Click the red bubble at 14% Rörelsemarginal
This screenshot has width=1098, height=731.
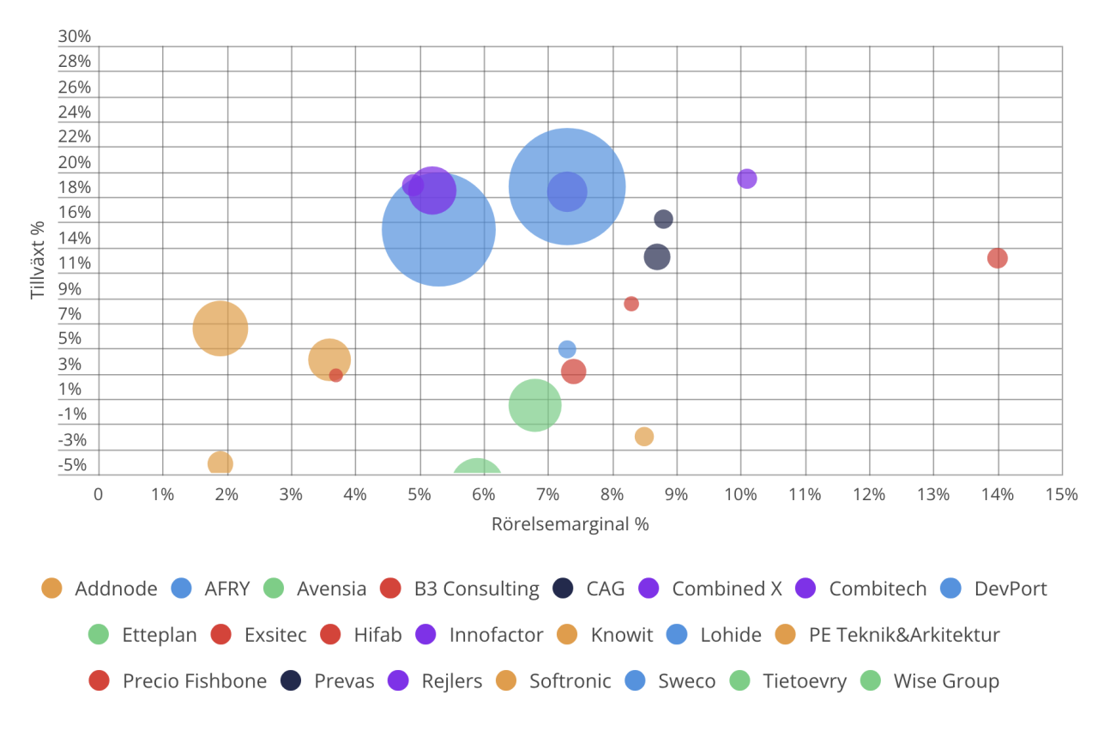(997, 258)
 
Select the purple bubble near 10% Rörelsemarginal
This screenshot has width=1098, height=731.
(747, 178)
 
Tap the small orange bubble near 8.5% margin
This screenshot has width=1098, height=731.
(644, 437)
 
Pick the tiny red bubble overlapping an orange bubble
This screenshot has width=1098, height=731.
(336, 375)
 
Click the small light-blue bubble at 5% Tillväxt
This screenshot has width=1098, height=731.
(567, 349)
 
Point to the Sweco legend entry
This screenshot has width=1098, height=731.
(686, 681)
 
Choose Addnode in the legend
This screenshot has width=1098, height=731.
(116, 589)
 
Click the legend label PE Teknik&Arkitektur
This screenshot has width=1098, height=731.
(904, 635)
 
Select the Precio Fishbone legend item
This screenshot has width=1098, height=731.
(194, 681)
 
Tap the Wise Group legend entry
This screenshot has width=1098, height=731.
(946, 681)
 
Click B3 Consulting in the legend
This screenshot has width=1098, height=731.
(476, 589)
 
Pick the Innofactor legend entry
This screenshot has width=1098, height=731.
(496, 635)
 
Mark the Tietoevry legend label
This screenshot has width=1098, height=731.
(805, 681)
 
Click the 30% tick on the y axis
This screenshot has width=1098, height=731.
(75, 37)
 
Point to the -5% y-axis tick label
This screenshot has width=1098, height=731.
(72, 465)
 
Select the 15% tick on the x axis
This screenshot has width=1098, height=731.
(1062, 494)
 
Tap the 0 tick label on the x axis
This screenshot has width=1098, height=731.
(99, 494)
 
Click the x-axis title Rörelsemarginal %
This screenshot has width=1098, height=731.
(570, 524)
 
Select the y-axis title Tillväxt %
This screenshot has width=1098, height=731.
(38, 260)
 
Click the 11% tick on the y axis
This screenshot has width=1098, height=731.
(75, 264)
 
